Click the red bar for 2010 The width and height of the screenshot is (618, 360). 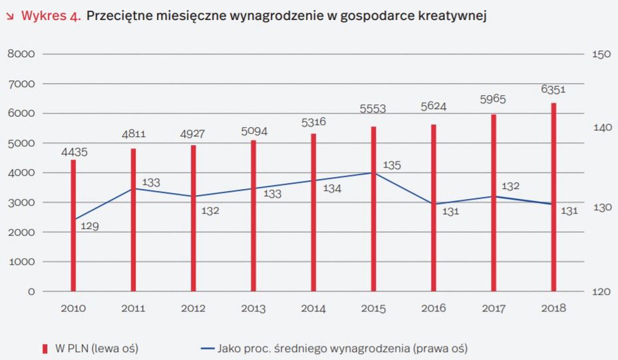[x=73, y=226]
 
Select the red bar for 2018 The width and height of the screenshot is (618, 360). [x=553, y=197]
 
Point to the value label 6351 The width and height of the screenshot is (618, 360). [x=553, y=89]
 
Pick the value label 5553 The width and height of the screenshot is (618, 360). [x=373, y=108]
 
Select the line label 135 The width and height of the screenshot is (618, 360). [x=392, y=165]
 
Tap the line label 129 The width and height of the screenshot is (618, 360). [x=89, y=226]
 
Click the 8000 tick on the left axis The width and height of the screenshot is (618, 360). [x=21, y=55]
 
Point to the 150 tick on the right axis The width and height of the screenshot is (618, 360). [x=601, y=55]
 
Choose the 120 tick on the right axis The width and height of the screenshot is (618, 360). [x=601, y=291]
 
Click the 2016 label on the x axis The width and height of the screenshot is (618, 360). [x=434, y=308]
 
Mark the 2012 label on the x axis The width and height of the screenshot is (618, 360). [x=194, y=308]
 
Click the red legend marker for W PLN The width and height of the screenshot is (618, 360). [x=45, y=348]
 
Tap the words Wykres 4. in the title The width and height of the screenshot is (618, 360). [x=51, y=16]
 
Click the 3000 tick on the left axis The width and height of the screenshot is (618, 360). [x=21, y=202]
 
